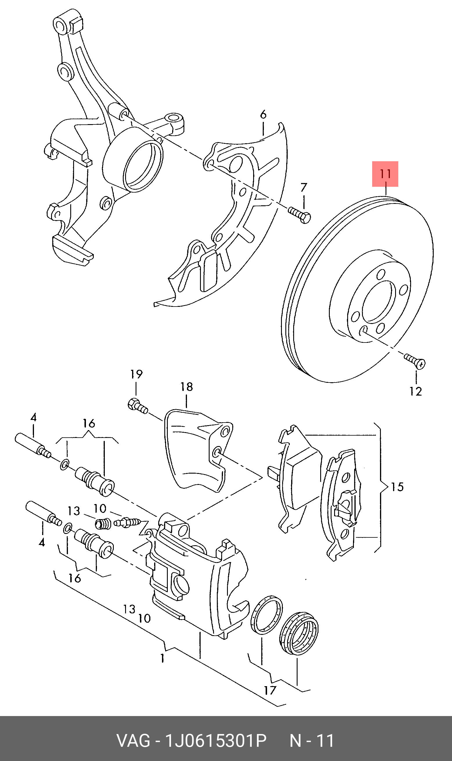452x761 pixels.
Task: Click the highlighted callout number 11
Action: tap(385, 174)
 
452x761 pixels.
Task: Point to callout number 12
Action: tap(415, 391)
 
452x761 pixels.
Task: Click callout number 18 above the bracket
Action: tap(186, 387)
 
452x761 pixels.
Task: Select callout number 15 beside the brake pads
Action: tap(397, 487)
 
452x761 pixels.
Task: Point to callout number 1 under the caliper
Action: tap(163, 658)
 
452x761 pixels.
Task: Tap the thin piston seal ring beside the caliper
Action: tap(266, 615)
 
